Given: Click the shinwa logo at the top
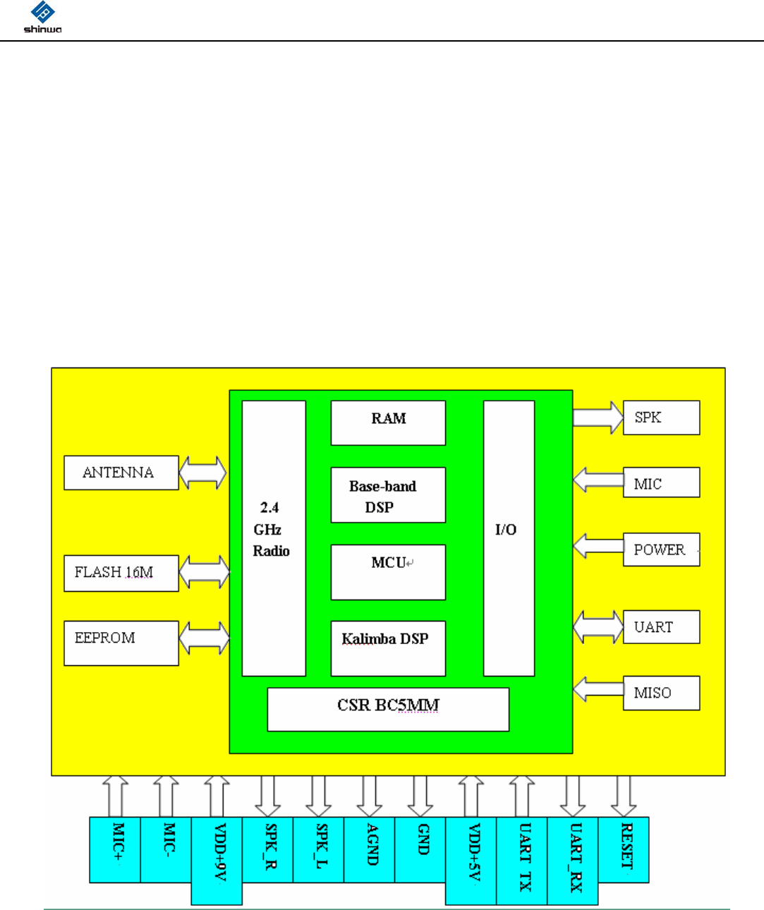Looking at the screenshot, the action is coord(42,18).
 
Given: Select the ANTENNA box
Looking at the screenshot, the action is coord(121,473).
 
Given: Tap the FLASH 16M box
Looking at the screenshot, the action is coord(121,573).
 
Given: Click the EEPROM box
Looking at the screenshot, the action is coord(121,643).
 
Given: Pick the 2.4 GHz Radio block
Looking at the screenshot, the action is coord(274,538).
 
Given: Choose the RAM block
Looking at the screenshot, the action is coord(388,423).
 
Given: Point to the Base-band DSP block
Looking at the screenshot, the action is coord(388,495).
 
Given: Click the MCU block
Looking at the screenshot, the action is coord(388,572).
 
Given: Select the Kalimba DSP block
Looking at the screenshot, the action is coord(388,648).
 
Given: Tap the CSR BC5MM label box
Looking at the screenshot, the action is coord(388,709).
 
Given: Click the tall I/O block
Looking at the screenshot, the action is coord(509,538).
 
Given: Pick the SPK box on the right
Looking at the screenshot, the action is coord(661,418).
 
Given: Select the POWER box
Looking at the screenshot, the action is coord(661,550).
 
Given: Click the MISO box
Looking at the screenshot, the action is coord(661,693).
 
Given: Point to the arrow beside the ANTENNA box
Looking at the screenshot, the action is coord(203,473).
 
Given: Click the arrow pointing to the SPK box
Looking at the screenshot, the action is coord(598,417).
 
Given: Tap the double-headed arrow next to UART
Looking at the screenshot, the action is coord(598,626).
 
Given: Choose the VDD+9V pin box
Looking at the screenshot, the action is coord(217,861).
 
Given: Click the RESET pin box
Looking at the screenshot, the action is coord(624,849).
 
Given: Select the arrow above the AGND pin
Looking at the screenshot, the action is coord(370,796).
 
